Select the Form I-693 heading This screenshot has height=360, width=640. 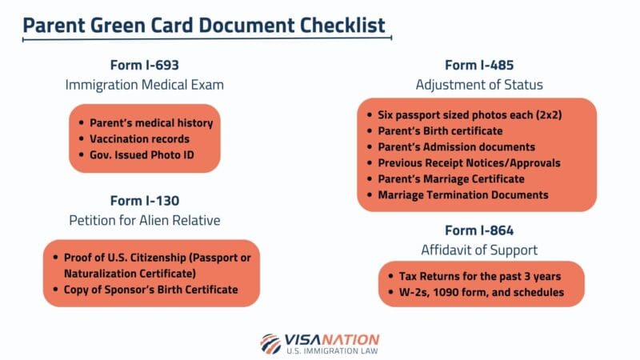pyautogui.click(x=151, y=65)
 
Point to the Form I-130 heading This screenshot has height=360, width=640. pyautogui.click(x=151, y=199)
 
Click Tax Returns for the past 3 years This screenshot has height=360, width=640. pyautogui.click(x=479, y=276)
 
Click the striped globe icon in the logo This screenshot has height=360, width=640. pyautogui.click(x=271, y=342)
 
